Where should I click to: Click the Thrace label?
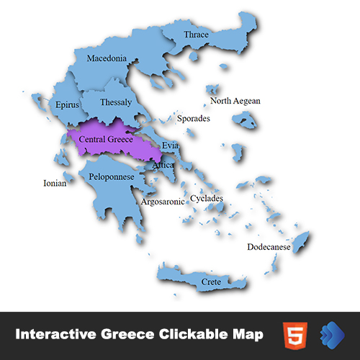[197, 35]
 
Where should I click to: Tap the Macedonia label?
[107, 58]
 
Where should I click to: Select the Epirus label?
[67, 105]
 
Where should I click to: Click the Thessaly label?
[117, 102]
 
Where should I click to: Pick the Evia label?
[170, 145]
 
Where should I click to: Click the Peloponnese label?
[112, 176]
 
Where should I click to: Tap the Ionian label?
[55, 184]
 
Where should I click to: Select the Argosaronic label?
[162, 202]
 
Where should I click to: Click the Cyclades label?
[207, 198]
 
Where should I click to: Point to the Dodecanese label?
[269, 247]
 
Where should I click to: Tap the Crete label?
[211, 282]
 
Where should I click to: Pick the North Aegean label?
[235, 101]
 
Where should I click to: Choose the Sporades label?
[194, 118]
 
